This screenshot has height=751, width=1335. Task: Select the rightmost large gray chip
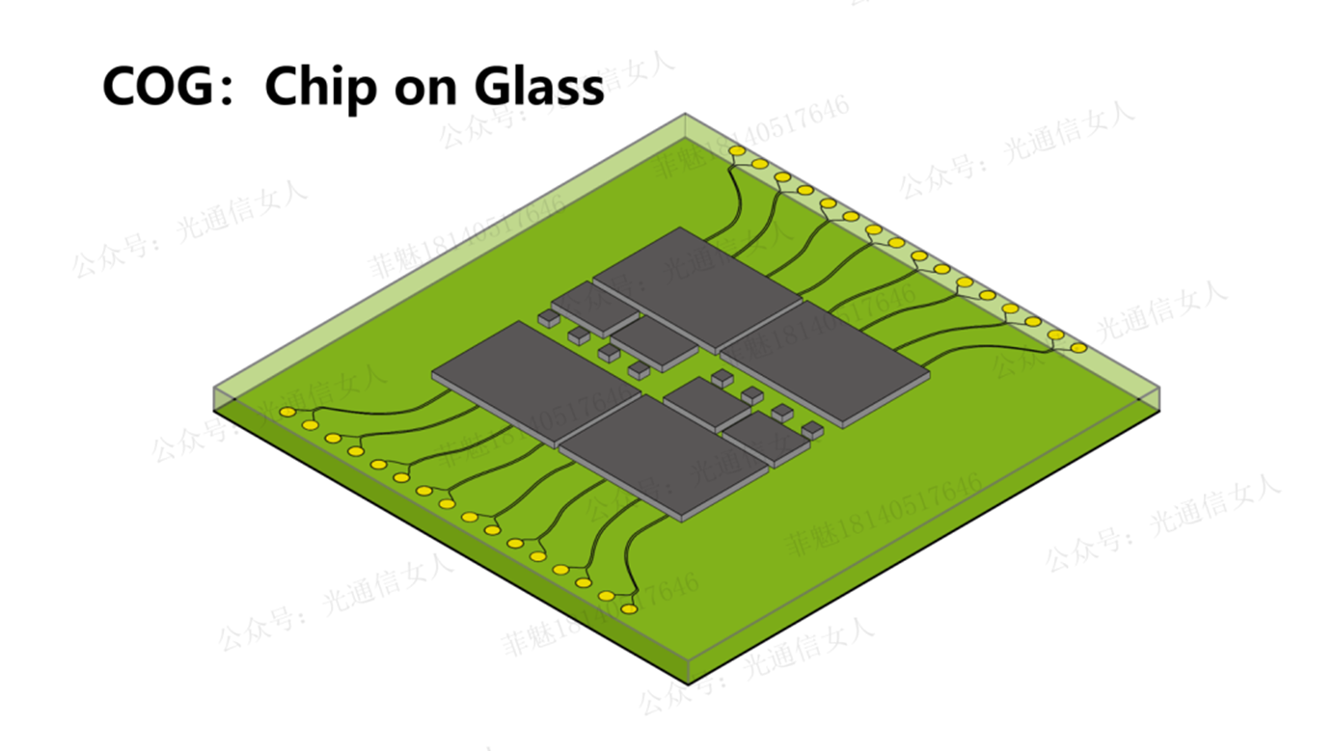tap(824, 362)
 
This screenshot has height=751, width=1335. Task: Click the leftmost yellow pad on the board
tap(287, 413)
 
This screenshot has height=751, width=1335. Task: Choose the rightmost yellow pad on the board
tap(1079, 348)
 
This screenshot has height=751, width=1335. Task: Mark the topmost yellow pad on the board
tap(737, 151)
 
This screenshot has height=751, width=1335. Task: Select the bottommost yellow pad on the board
tap(629, 609)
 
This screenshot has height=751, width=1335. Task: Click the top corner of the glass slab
tap(685, 115)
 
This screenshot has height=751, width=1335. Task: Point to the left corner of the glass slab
tap(213, 389)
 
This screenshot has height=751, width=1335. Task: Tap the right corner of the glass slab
tap(1158, 389)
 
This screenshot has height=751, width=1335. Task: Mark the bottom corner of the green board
tap(688, 683)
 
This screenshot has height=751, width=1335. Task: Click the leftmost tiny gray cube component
tap(548, 317)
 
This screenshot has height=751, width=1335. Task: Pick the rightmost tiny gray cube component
tap(813, 429)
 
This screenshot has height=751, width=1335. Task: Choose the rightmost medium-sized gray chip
tap(766, 439)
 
